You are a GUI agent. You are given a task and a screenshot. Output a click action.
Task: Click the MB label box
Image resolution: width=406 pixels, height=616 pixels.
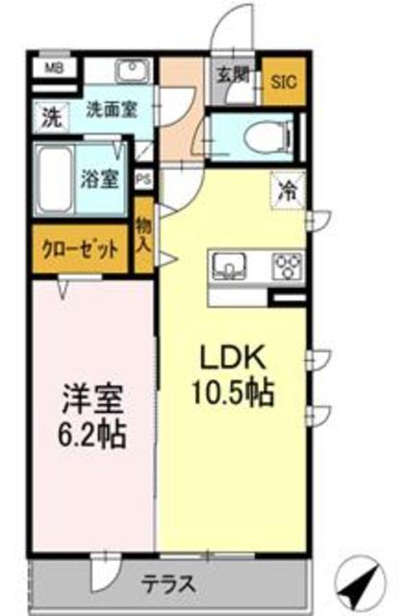click(x=56, y=68)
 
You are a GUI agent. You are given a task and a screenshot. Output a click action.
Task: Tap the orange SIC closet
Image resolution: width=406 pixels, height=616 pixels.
click(x=284, y=83)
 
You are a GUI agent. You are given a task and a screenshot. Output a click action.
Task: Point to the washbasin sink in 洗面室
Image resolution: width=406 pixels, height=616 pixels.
click(x=132, y=70)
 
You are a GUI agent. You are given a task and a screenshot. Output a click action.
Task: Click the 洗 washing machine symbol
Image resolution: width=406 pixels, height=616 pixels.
click(x=49, y=118)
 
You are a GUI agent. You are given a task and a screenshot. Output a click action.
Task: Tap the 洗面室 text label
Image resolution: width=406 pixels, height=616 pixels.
click(x=113, y=109)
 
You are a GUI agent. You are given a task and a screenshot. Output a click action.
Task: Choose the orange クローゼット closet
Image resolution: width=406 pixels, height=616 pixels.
click(x=81, y=248)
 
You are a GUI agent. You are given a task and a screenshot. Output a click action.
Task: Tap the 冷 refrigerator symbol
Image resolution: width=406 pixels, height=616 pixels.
click(x=287, y=189)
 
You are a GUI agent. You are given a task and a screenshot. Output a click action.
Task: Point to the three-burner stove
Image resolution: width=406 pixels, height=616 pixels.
click(x=288, y=264)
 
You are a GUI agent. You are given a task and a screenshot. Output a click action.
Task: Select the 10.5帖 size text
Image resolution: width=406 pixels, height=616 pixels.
click(x=237, y=393)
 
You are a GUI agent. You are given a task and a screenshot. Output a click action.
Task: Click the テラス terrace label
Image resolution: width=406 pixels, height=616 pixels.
click(x=172, y=582)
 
